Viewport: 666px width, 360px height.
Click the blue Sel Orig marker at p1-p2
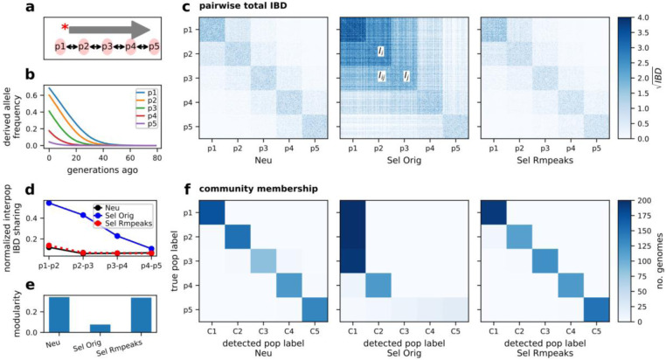(50, 203)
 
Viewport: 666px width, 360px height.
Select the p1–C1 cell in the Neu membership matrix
(212, 212)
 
